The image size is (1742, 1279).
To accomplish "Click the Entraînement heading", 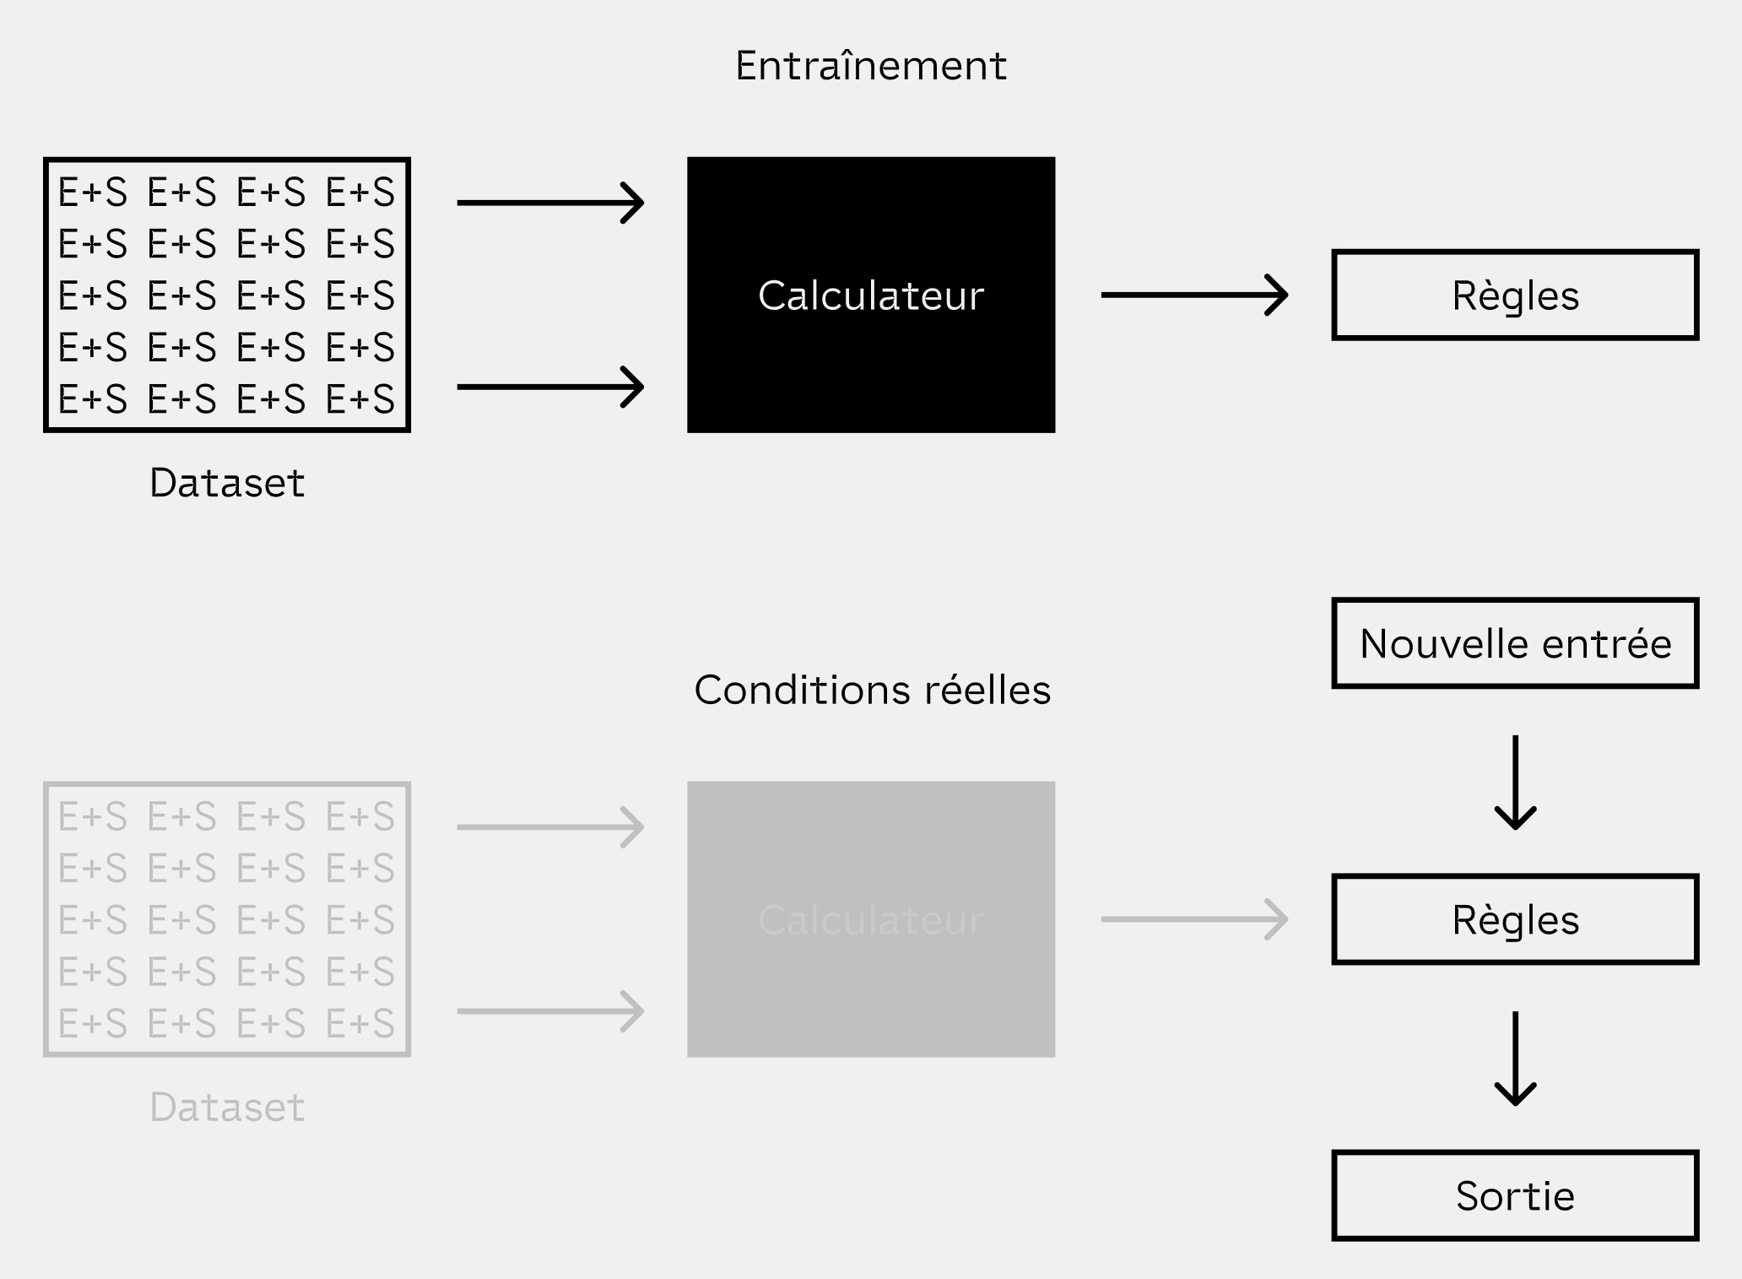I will pos(870,66).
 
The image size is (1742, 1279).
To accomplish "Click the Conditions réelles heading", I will pos(872,690).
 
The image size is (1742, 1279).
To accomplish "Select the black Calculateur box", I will pos(870,295).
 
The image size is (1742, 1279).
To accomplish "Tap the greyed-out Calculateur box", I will pos(870,919).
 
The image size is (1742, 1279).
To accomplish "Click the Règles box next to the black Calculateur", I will pos(1514,295).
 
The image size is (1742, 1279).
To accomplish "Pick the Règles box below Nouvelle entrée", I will pos(1514,919).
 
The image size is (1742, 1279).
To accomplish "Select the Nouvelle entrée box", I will pos(1514,643).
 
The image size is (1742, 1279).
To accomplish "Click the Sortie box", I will pos(1514,1195).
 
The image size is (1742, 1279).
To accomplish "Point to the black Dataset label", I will pos(226,483).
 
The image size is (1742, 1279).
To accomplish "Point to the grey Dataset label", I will pos(226,1107).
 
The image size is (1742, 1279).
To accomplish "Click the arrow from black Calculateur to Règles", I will pos(1193,295).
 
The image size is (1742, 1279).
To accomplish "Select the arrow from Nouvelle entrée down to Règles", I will pos(1515,782).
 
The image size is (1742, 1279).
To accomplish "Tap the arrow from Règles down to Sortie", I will pos(1515,1058).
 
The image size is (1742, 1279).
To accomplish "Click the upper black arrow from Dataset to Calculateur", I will pos(550,203).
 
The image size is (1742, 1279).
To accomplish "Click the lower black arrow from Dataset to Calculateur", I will pos(550,387).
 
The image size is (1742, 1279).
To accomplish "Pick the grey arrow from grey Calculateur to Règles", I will pos(1193,919).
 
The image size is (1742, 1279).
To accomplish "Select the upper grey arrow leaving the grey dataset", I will pos(550,826).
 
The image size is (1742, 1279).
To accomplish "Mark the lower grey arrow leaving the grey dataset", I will pos(550,1011).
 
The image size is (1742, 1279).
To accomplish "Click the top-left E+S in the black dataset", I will pos(92,192).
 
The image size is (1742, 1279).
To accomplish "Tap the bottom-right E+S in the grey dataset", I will pos(360,1023).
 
